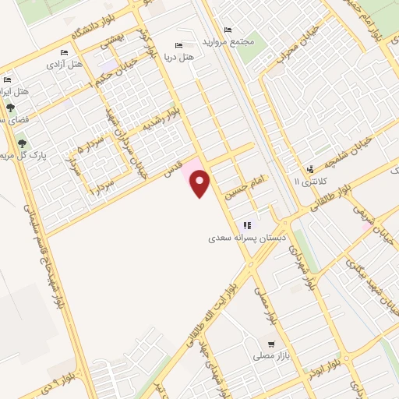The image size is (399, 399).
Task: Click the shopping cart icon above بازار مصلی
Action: tap(271, 344)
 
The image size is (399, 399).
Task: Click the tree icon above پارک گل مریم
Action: tap(22, 143)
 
